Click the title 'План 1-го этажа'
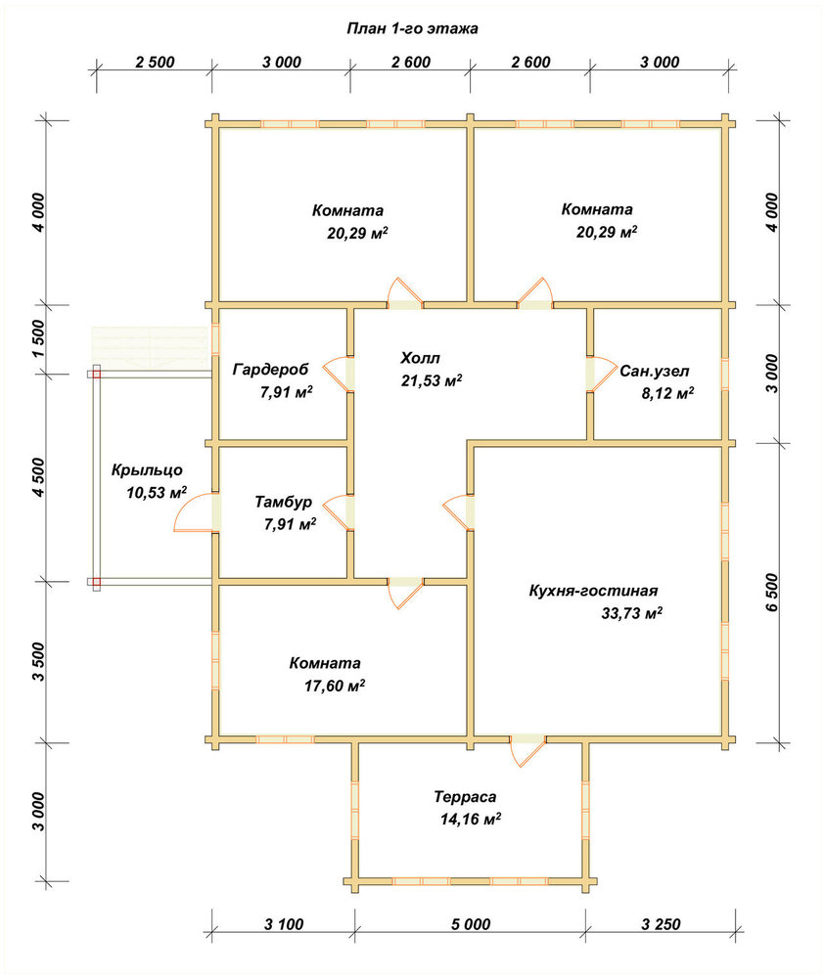[413, 28]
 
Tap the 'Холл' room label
[420, 358]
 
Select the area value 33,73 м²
[631, 612]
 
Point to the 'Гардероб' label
[271, 370]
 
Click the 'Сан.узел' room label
[655, 371]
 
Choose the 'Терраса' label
[466, 796]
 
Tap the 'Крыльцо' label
[147, 469]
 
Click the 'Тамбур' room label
[284, 502]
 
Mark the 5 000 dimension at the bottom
[471, 924]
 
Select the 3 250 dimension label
[661, 924]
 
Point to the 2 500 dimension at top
[155, 63]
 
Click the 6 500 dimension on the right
[772, 592]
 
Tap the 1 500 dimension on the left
[38, 338]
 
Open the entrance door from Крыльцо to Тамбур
[196, 512]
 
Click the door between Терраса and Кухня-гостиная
[527, 750]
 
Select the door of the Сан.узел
[601, 374]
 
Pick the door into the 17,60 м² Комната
[405, 592]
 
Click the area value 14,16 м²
[471, 819]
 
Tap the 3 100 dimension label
[284, 924]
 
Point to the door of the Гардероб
[339, 374]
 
